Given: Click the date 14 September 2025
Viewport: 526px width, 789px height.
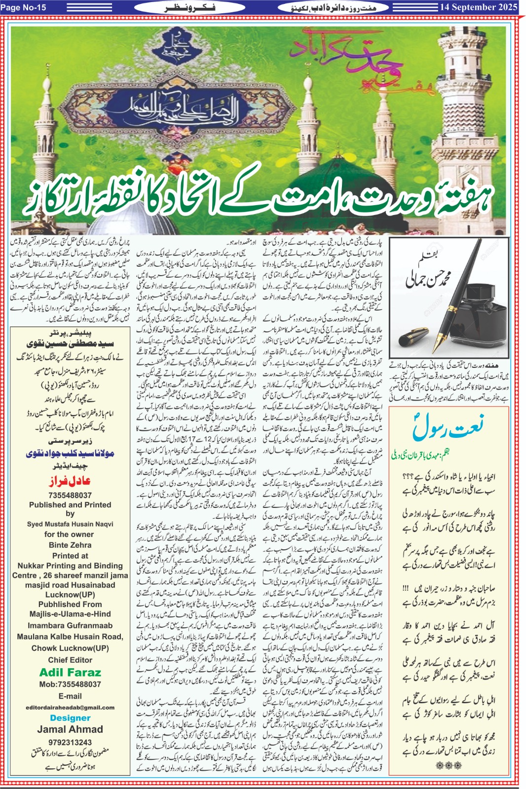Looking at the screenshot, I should click(478, 7).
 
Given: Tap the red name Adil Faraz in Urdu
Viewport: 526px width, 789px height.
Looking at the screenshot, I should click(70, 481).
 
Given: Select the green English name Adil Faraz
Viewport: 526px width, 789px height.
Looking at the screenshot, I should click(70, 672).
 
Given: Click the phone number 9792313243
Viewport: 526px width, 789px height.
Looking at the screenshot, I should click(70, 742).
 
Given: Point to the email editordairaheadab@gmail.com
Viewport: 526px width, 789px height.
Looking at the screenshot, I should click(70, 707).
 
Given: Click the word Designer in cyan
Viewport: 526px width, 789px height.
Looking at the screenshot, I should click(70, 718).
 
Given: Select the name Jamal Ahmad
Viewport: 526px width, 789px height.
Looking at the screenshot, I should click(70, 729).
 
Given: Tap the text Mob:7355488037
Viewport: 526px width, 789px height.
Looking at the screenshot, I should click(70, 684).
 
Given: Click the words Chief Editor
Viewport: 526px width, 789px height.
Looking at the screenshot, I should click(70, 660).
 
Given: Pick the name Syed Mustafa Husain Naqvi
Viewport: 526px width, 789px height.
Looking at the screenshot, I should click(70, 524).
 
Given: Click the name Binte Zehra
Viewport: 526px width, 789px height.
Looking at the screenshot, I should click(70, 545).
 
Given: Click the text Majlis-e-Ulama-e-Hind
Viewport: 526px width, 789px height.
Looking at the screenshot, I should click(70, 614).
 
